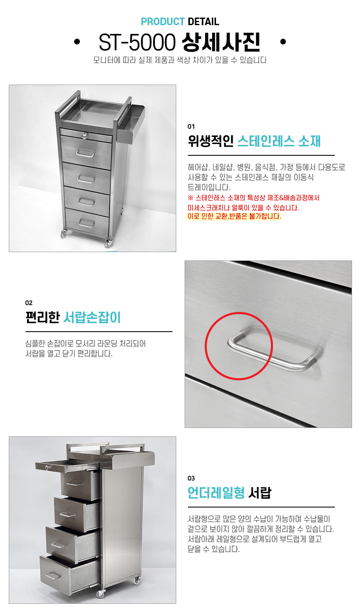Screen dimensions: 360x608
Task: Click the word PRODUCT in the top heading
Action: pos(163,21)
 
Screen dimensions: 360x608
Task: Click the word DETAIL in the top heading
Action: pos(203,21)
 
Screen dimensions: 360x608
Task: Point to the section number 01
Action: pos(191,126)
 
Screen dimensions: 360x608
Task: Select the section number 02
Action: pos(29,303)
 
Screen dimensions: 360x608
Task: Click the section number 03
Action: pos(191,478)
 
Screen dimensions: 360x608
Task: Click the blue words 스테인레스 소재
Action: pos(279,141)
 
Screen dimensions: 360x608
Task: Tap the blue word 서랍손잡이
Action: pos(92,317)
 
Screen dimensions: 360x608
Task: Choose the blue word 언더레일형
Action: pos(216,493)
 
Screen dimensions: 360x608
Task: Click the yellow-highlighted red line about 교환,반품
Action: pos(234,216)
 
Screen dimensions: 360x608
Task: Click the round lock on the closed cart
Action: pos(85,135)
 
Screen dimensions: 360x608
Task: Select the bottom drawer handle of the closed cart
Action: pos(87,223)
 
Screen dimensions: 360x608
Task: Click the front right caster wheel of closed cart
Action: pos(108,243)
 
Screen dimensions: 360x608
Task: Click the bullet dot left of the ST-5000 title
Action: pos(77,42)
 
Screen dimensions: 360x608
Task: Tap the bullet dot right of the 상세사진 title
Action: pos(283,42)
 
